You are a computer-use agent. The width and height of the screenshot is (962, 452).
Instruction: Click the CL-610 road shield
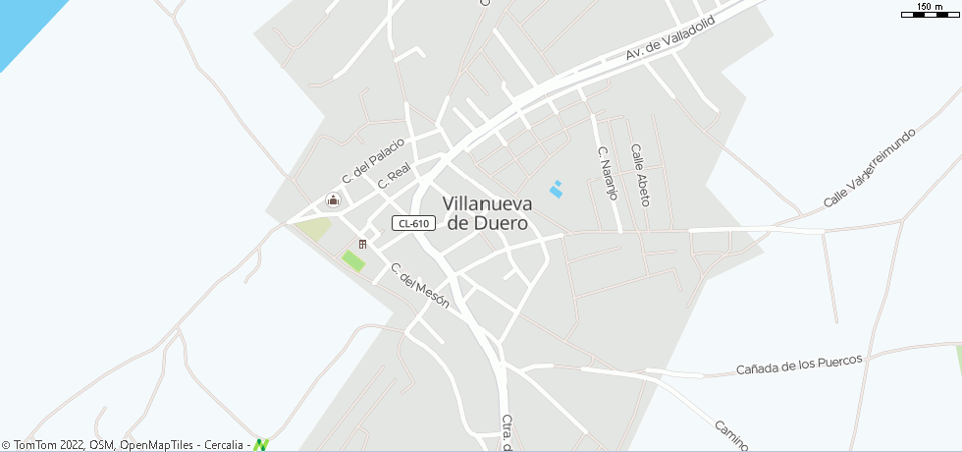click(412, 223)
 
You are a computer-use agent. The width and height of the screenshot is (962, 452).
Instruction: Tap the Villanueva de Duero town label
click(487, 213)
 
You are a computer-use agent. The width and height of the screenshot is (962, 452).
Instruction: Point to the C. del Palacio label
click(373, 159)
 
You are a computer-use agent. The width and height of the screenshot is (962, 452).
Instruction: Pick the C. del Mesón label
click(419, 286)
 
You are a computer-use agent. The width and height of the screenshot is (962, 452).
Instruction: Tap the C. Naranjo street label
click(608, 173)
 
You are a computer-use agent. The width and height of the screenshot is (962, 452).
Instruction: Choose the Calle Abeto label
click(640, 176)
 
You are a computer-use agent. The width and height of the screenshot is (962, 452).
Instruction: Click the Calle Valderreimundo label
click(870, 167)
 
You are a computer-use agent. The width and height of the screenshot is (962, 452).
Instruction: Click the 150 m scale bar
click(929, 11)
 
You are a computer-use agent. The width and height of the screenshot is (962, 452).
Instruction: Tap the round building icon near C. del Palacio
click(333, 201)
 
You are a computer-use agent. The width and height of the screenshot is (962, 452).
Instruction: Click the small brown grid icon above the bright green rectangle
click(362, 244)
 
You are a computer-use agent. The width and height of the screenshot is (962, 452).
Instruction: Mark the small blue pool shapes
click(557, 189)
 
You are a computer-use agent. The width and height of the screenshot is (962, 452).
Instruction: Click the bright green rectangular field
click(352, 261)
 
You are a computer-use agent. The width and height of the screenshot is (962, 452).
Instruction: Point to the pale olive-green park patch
click(314, 229)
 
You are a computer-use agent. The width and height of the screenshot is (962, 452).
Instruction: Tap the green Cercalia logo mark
click(260, 445)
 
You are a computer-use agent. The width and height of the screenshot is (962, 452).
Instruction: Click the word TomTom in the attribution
click(35, 445)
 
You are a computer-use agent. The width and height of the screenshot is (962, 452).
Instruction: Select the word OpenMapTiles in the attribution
click(157, 445)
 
